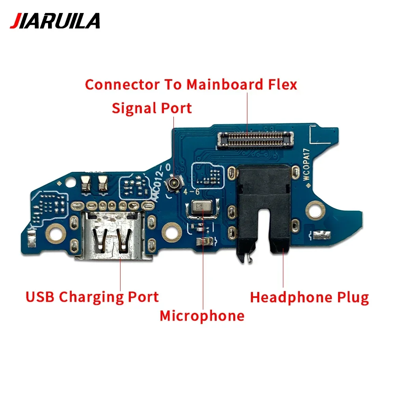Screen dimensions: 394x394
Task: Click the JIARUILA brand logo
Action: click(55, 21)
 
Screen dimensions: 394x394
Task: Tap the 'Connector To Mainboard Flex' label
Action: click(191, 84)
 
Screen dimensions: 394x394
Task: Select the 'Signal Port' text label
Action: click(152, 108)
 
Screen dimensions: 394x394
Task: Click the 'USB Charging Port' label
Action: click(92, 297)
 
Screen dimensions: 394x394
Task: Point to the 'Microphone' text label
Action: click(202, 316)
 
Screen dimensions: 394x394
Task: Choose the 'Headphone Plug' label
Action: click(309, 297)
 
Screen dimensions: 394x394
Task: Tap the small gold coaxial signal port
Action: click(173, 182)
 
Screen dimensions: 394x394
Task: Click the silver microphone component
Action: click(201, 208)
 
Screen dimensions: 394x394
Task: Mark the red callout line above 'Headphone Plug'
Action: click(283, 272)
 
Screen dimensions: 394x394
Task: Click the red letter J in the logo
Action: click(15, 21)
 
